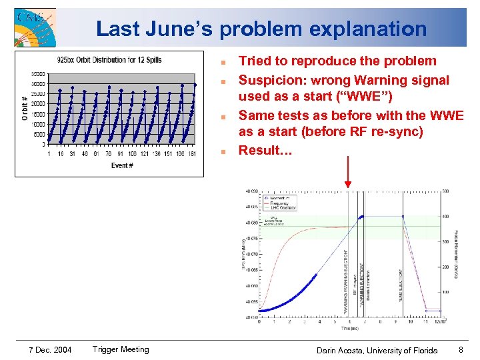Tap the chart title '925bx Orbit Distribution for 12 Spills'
[x=110, y=60]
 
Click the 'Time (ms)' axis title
[x=350, y=328]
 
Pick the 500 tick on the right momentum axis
[x=445, y=191]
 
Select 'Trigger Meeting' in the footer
[x=121, y=349]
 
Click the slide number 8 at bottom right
[x=460, y=349]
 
